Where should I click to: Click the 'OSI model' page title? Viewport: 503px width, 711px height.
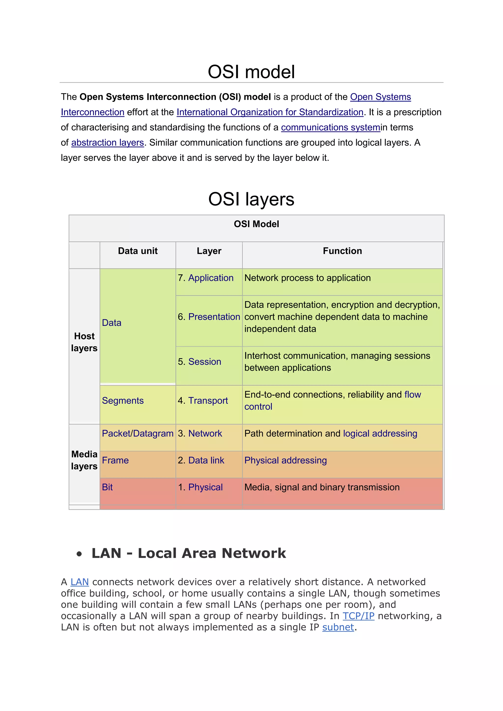251,72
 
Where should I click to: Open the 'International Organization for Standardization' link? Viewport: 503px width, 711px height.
270,112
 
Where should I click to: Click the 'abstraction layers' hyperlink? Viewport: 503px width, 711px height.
108,142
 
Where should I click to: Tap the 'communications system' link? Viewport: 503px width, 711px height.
331,127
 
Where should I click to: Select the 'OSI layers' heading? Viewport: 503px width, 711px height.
251,199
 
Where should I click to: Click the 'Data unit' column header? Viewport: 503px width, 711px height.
138,251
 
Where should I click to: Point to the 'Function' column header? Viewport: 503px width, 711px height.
342,251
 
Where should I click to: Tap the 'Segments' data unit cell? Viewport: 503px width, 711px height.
123,401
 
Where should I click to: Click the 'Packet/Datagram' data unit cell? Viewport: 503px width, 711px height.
138,434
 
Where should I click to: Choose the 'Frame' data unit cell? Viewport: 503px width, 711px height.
115,461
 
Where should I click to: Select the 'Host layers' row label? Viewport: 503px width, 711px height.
84,342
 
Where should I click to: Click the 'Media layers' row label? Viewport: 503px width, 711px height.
84,460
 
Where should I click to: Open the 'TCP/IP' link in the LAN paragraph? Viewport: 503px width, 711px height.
358,616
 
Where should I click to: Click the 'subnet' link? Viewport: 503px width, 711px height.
338,627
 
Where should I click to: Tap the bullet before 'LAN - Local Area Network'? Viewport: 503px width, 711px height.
79,554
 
